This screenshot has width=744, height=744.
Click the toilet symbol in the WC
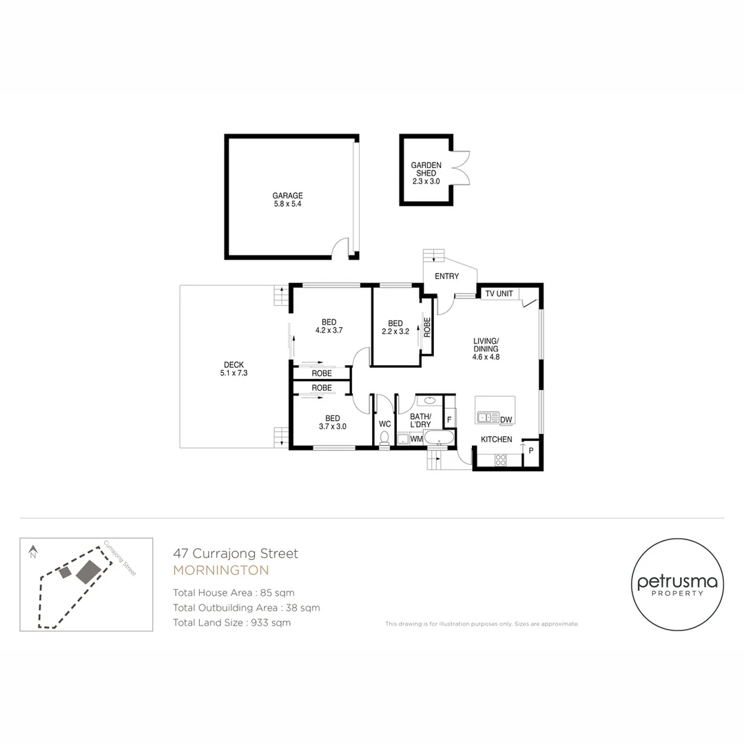(x=384, y=438)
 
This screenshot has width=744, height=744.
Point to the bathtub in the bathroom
(x=439, y=438)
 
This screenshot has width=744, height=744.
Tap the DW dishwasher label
(x=506, y=420)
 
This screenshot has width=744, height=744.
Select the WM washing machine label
(x=416, y=439)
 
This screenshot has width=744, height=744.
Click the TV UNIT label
(x=499, y=294)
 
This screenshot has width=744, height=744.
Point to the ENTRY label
(x=446, y=276)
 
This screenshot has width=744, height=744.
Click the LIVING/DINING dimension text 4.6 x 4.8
(x=486, y=357)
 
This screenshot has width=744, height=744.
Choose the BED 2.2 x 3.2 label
(x=395, y=327)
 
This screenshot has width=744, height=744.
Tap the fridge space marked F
(x=449, y=420)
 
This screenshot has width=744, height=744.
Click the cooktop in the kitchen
(x=501, y=460)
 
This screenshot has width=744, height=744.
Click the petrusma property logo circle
(x=677, y=585)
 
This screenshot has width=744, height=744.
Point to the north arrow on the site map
(x=32, y=552)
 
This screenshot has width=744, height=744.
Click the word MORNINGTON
(x=220, y=570)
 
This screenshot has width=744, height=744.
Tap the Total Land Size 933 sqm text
(x=231, y=623)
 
